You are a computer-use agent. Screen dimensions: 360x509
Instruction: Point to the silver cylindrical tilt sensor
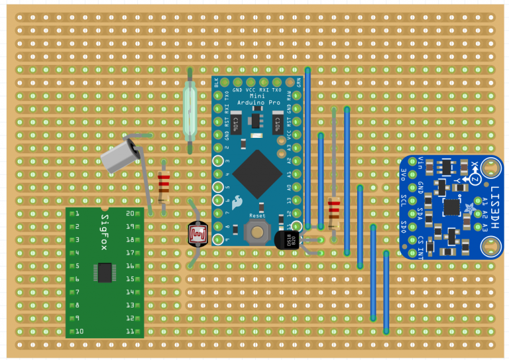pyautogui.click(x=121, y=155)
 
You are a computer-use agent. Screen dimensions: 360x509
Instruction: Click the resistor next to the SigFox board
pyautogui.click(x=164, y=188)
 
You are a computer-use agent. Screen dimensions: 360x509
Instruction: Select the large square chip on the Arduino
pyautogui.click(x=258, y=174)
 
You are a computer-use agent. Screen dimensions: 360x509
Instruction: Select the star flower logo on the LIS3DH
pyautogui.click(x=472, y=210)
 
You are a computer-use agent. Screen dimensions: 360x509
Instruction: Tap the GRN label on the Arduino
pyautogui.click(x=300, y=82)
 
